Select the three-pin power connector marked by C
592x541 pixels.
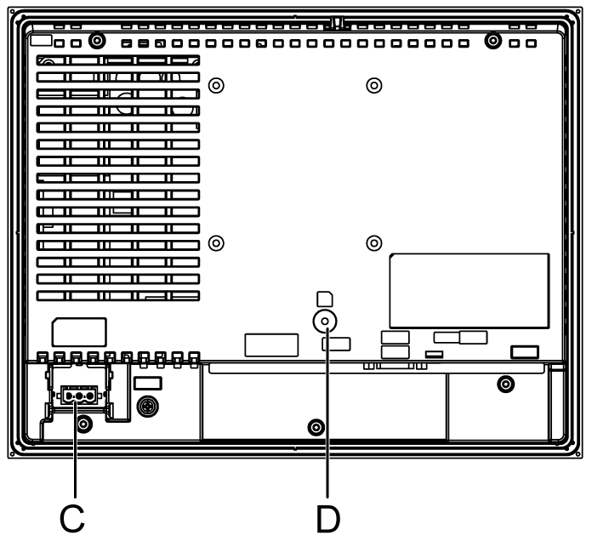click(x=79, y=396)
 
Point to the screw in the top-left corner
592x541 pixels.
click(x=97, y=41)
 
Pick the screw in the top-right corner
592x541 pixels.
click(x=492, y=41)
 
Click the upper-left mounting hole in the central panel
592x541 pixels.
click(x=217, y=85)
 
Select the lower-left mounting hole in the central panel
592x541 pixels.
click(x=217, y=243)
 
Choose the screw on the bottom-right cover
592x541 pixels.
click(x=506, y=384)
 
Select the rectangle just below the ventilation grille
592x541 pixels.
click(x=79, y=332)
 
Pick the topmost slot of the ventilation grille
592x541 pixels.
click(x=118, y=60)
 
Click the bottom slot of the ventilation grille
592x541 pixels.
click(x=118, y=296)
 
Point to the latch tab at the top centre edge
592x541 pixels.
click(x=336, y=22)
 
